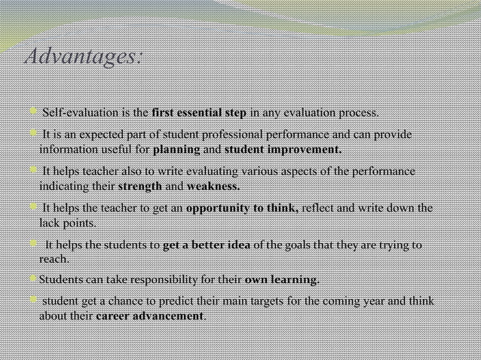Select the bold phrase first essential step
(x=198, y=114)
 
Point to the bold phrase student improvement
(x=283, y=150)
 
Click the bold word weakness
(x=213, y=186)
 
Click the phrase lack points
(x=67, y=223)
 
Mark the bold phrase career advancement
(x=150, y=316)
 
